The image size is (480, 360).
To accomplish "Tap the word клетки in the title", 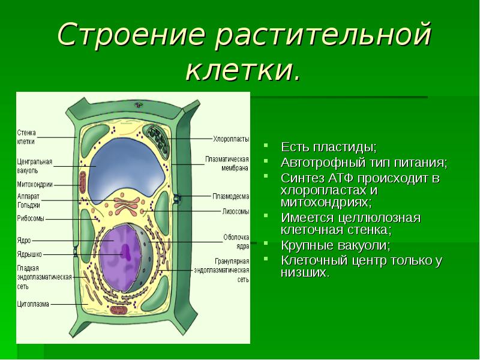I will tap(241, 70).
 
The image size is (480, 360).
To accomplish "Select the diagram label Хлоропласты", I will tap(231, 139).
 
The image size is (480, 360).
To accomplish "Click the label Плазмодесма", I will tap(231, 196).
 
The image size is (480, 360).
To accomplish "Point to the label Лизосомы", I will tap(233, 211).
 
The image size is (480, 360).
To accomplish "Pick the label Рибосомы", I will tap(29, 219).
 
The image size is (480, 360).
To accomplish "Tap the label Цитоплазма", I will tap(32, 304).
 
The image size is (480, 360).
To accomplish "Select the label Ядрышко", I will tap(28, 254).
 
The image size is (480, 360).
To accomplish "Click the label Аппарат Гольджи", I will tap(29, 200).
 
